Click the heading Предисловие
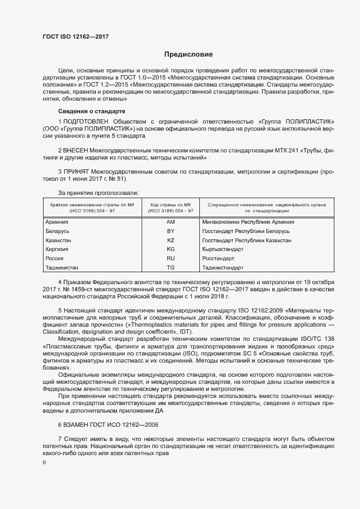(188, 54)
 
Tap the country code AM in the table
(170, 222)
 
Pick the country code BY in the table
(170, 231)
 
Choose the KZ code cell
(170, 240)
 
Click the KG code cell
(170, 249)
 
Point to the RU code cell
(170, 259)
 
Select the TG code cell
(170, 268)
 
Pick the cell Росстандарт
(218, 259)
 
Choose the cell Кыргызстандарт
(222, 249)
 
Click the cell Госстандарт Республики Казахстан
(246, 240)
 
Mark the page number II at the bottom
(44, 462)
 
